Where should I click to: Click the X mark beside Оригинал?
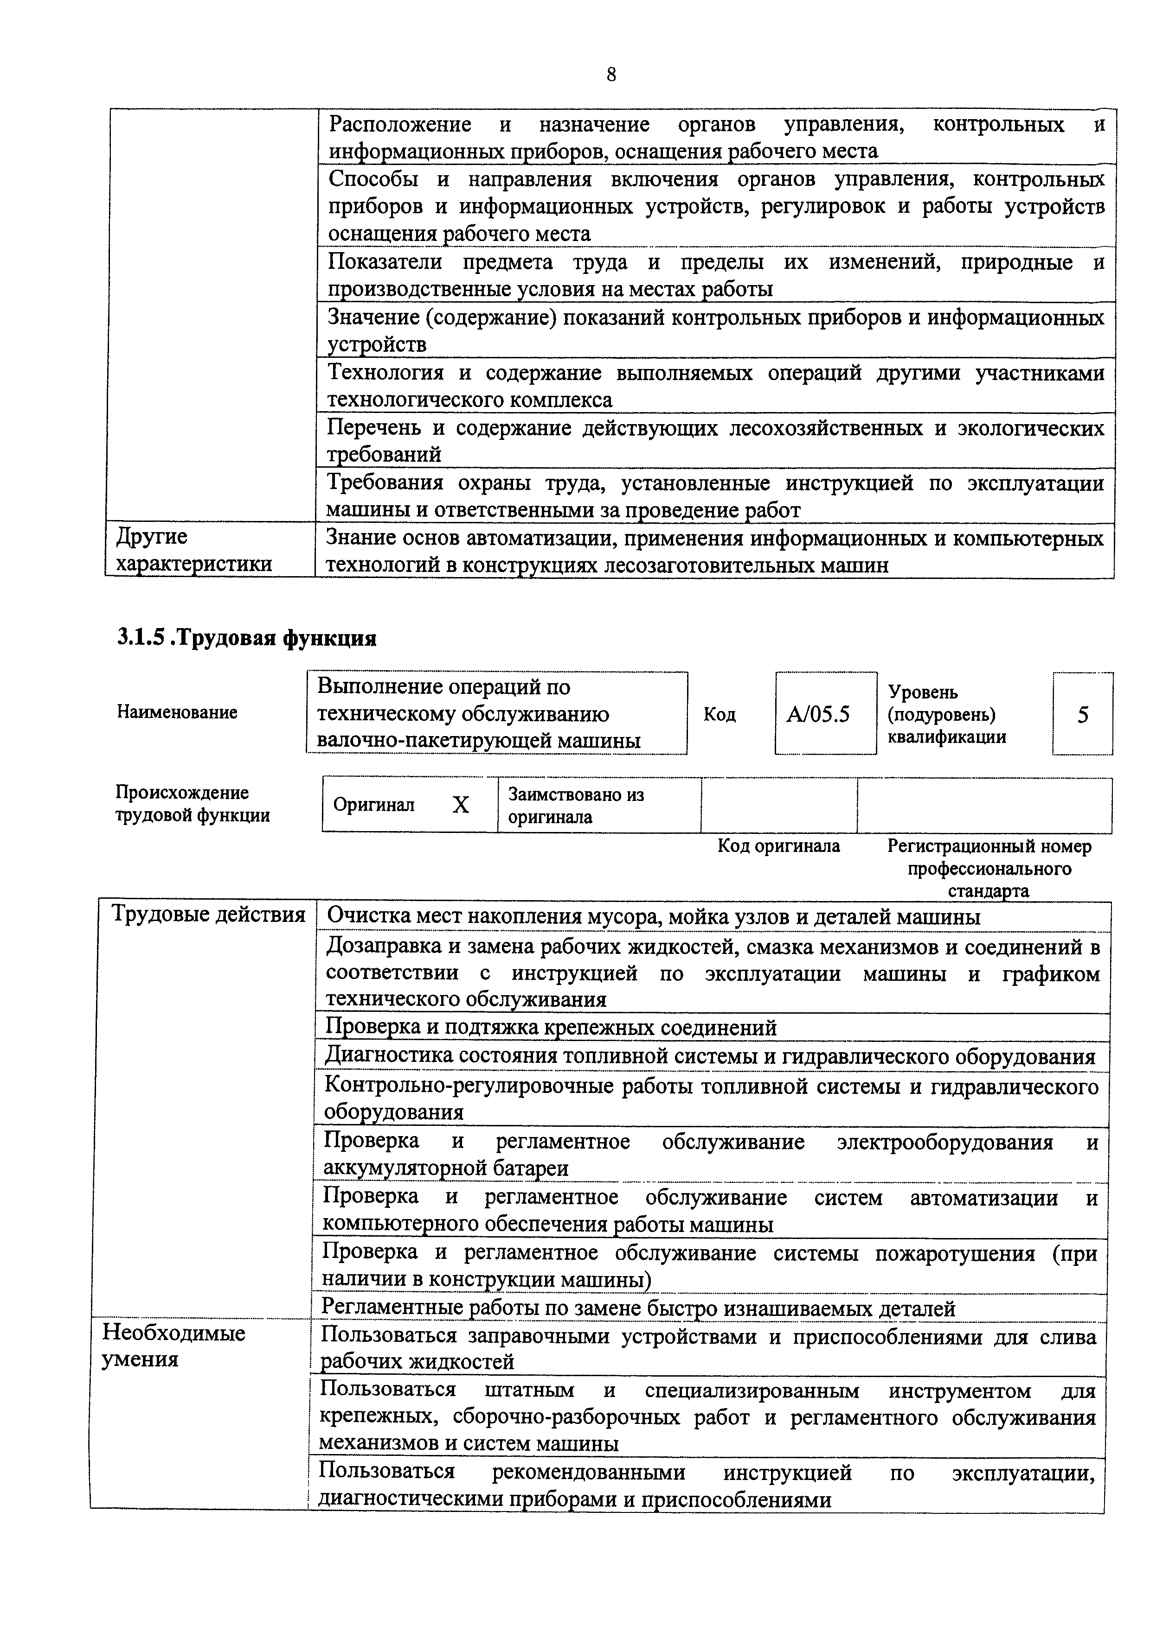pos(461,805)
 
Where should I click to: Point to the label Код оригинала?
pos(779,846)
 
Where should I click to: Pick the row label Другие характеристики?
pos(193,550)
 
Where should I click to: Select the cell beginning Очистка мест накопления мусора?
pos(652,917)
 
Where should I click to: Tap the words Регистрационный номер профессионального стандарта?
pos(989,868)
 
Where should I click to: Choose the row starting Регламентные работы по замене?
pos(638,1308)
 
